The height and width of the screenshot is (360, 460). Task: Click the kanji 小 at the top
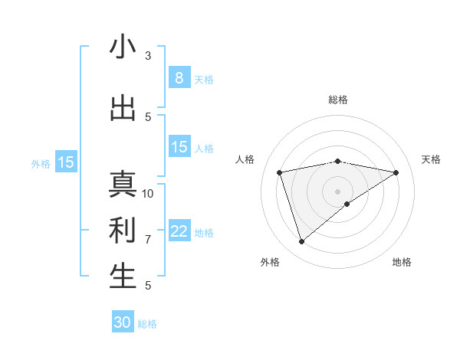point(123,47)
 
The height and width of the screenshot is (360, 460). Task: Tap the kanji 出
point(123,109)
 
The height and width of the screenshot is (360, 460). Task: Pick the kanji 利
point(123,231)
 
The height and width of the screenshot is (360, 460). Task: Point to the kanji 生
point(123,277)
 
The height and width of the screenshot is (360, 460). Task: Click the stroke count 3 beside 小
point(148,55)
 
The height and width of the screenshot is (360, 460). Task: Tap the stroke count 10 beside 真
point(148,193)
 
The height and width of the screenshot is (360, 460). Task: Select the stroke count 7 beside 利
point(148,239)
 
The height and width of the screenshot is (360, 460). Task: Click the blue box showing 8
point(179,77)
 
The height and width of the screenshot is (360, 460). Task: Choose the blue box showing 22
point(179,231)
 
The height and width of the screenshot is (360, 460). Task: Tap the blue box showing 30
point(123,322)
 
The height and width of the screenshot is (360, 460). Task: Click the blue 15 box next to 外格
point(66,162)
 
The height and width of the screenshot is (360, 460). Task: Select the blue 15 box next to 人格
point(179,147)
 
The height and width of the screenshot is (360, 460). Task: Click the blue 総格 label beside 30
point(147,324)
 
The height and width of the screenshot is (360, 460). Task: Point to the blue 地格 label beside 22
point(205,233)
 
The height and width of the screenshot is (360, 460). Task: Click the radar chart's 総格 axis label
point(338,100)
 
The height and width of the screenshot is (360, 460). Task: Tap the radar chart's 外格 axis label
point(270,262)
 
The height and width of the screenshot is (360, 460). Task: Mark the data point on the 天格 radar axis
point(396,172)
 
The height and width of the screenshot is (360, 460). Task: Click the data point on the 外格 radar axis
point(301,242)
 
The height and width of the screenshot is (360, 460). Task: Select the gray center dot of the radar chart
point(337,190)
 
